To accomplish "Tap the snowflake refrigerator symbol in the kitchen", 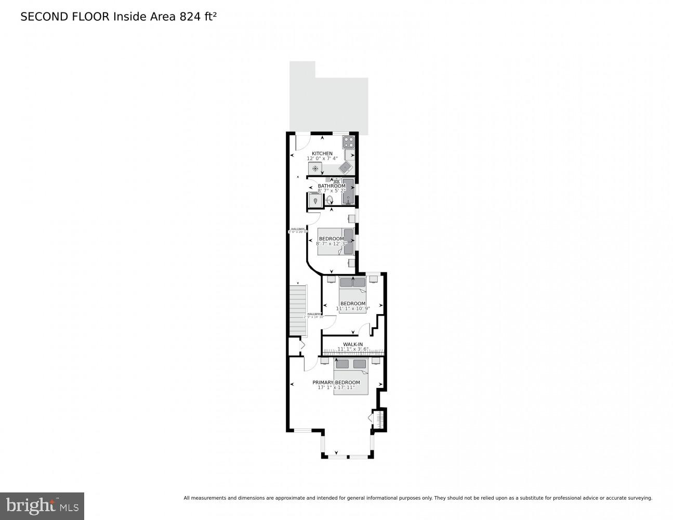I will click(315, 168).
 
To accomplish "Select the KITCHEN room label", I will click(322, 153).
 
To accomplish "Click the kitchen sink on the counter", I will click(346, 167).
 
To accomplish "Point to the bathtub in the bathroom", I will click(348, 191).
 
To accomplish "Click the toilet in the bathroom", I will click(329, 200).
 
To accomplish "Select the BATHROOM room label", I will click(332, 186).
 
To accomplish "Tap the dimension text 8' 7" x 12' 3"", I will click(331, 243).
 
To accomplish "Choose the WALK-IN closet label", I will click(353, 344).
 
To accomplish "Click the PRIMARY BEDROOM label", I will click(336, 382).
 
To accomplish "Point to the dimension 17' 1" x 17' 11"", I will click(336, 387).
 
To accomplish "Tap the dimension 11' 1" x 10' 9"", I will click(353, 308).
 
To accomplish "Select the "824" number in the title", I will click(190, 17).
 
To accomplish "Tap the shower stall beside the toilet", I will click(315, 200).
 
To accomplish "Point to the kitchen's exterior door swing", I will click(303, 143).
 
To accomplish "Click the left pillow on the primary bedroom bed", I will click(343, 364).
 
